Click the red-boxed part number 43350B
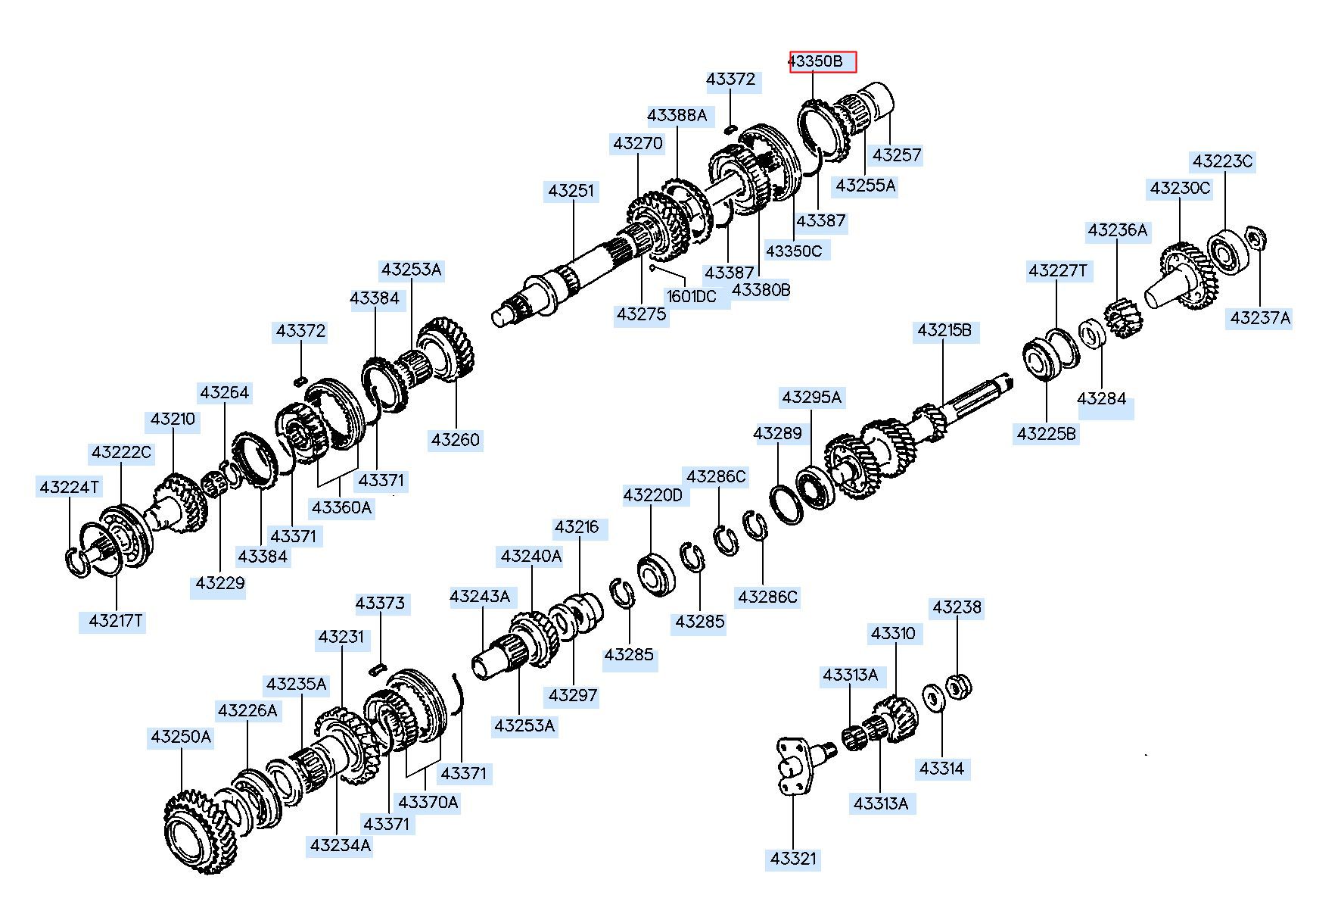click(x=823, y=61)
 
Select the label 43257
click(x=897, y=155)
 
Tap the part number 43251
click(x=571, y=191)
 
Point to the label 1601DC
click(x=691, y=296)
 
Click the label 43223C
click(x=1222, y=161)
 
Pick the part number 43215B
click(x=944, y=331)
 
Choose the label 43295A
click(x=812, y=398)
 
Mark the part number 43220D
click(x=652, y=496)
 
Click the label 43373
click(x=381, y=604)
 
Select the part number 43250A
click(x=181, y=737)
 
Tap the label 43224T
click(x=70, y=487)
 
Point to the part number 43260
click(x=456, y=440)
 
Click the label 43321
click(x=793, y=859)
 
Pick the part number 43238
click(x=957, y=607)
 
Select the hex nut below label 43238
click(x=959, y=687)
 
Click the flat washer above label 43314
click(x=932, y=697)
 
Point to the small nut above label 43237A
click(x=1255, y=239)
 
